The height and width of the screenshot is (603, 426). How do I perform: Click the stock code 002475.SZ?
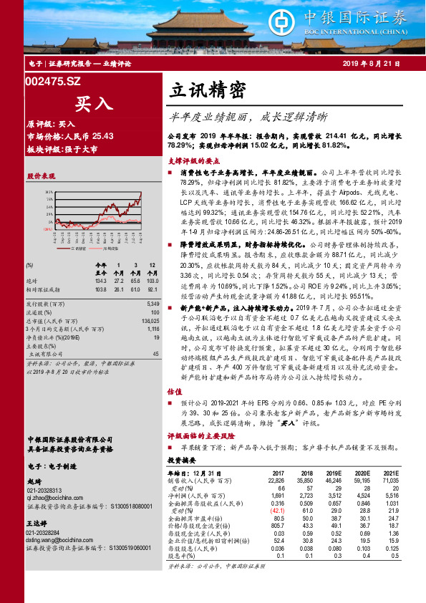[x=54, y=83]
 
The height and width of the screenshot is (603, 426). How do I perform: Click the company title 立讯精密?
[x=208, y=89]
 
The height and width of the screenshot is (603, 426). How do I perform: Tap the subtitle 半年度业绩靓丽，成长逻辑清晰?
[x=247, y=115]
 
